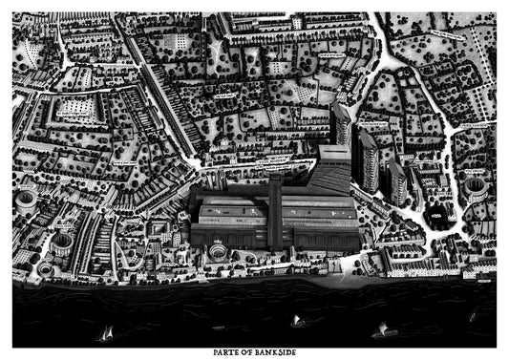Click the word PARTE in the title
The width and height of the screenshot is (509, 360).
click(218, 352)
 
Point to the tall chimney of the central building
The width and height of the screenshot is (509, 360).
click(274, 212)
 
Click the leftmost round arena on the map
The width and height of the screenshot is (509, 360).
click(26, 201)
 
